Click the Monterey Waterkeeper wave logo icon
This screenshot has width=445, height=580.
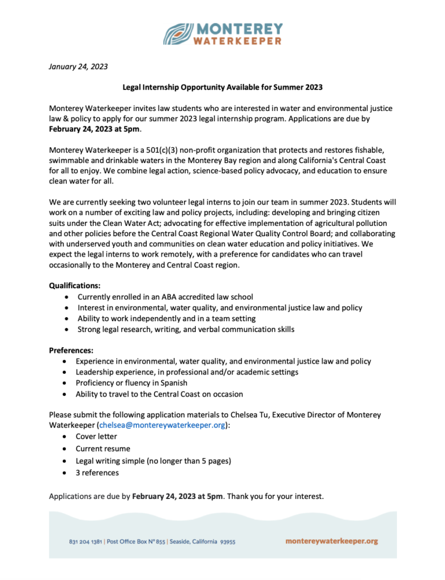click(178, 33)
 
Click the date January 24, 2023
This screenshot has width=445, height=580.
click(78, 67)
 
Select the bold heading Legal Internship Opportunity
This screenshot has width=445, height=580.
click(222, 87)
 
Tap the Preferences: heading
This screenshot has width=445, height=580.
click(71, 350)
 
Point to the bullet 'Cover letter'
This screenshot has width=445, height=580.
click(97, 437)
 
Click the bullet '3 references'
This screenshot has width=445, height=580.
click(98, 472)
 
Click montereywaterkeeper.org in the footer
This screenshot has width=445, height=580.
click(332, 541)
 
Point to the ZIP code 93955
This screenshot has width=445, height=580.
click(228, 541)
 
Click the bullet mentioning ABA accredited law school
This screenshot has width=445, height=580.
click(165, 297)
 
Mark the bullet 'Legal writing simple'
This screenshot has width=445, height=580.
click(153, 460)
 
